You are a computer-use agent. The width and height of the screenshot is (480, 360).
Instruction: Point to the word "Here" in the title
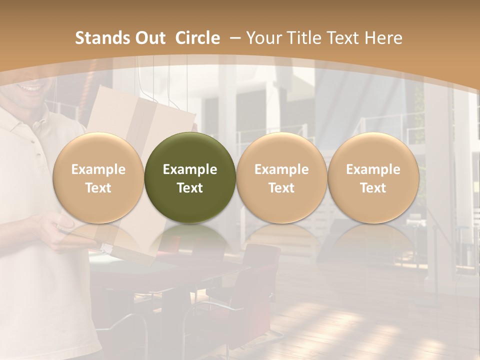(x=383, y=38)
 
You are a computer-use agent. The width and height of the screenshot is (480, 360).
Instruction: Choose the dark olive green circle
(x=190, y=177)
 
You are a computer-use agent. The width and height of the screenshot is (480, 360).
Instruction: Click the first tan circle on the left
(x=98, y=177)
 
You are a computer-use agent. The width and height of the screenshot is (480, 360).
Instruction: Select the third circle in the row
(x=281, y=177)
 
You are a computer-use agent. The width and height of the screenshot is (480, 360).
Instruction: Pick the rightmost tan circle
(x=373, y=177)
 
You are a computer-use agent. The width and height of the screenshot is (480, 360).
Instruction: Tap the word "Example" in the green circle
(x=190, y=169)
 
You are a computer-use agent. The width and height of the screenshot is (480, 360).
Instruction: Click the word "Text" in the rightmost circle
(x=373, y=188)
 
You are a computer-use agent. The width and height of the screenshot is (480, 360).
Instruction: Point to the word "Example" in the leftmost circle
(x=98, y=169)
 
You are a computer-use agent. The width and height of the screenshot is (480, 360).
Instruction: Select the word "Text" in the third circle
(x=281, y=188)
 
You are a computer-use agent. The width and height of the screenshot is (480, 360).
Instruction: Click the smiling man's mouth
(x=31, y=88)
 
